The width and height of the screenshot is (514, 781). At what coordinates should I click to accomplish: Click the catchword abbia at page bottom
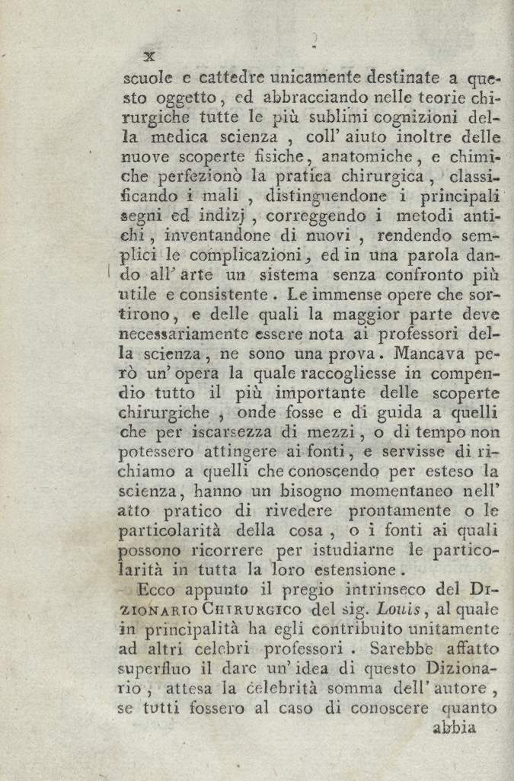click(454, 727)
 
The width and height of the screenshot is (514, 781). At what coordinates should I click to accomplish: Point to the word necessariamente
click(184, 334)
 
